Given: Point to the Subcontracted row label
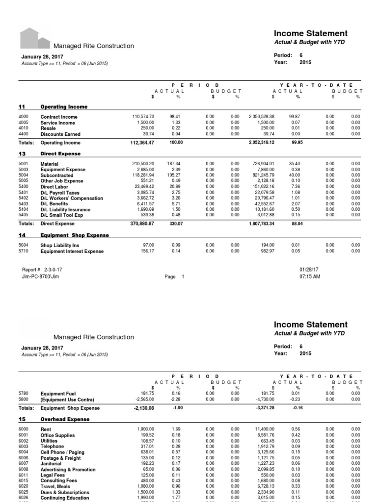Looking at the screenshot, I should (57, 176).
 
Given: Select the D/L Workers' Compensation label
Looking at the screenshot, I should (72, 199).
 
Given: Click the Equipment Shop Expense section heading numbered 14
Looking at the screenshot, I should (75, 235).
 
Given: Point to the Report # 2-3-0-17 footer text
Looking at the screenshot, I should (42, 270).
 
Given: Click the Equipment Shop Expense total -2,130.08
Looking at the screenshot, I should (143, 408).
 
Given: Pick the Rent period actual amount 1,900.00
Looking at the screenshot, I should (145, 429).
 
